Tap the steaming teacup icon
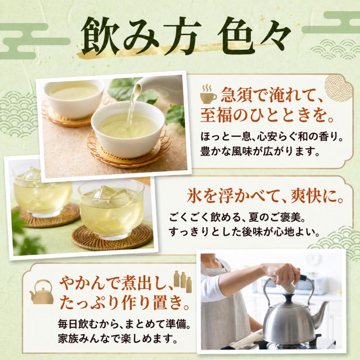[208, 94]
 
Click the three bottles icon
[183, 282]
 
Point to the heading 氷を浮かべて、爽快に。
[265, 196]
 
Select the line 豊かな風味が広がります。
[260, 152]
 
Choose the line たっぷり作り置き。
[125, 303]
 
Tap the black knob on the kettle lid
[288, 298]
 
